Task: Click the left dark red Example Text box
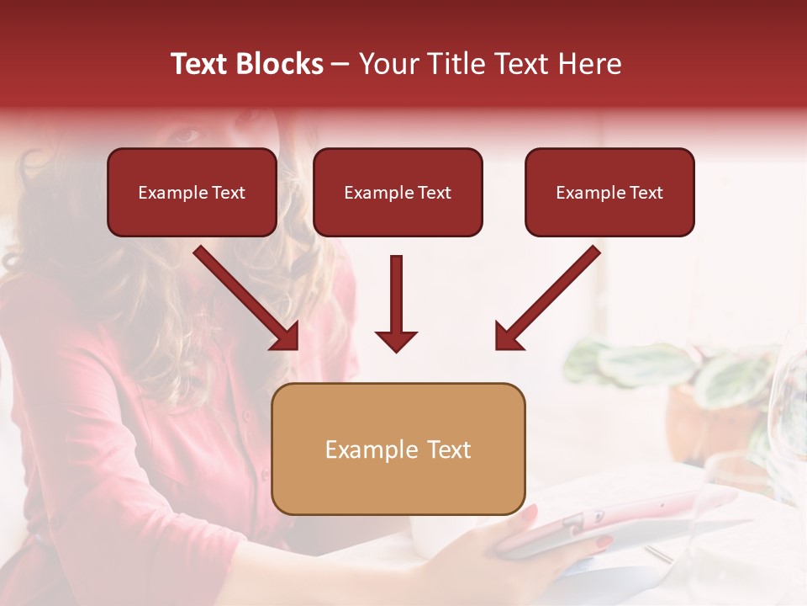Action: click(192, 192)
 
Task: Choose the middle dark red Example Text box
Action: click(398, 192)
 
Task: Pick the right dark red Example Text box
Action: click(609, 192)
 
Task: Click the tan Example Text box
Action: click(398, 449)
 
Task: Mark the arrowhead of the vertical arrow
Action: click(396, 341)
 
